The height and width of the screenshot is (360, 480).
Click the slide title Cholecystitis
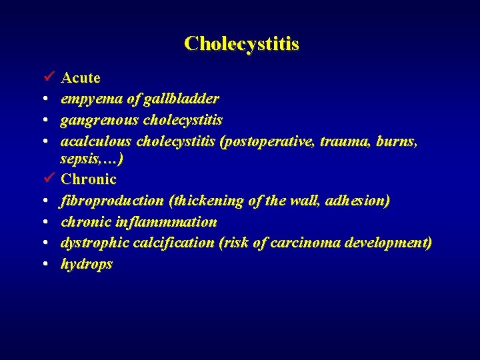click(x=241, y=44)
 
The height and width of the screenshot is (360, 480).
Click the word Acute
click(x=81, y=78)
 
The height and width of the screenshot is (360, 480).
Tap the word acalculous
click(x=96, y=141)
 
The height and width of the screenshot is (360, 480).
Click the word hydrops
click(x=87, y=264)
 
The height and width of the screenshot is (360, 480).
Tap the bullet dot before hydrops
click(x=43, y=264)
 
